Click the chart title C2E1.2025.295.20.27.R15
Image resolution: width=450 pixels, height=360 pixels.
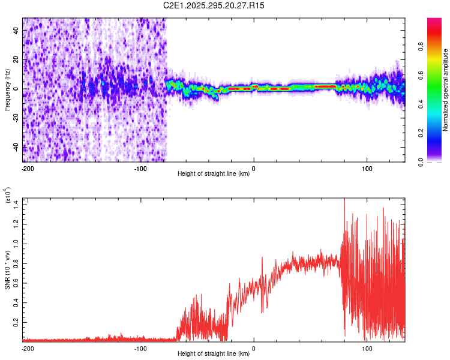pos(214,5)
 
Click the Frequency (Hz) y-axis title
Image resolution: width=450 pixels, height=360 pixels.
pos(7,89)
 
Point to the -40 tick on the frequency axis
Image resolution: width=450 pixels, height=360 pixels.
pos(16,148)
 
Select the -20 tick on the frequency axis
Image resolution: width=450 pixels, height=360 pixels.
pos(16,118)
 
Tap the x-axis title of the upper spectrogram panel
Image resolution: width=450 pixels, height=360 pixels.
pos(214,174)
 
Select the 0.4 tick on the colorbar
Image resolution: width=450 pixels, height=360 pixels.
pos(439,104)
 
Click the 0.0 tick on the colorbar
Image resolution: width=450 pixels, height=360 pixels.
pos(439,161)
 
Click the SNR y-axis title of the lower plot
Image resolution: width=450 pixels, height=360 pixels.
pos(7,268)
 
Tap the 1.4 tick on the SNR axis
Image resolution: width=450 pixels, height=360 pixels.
pos(16,205)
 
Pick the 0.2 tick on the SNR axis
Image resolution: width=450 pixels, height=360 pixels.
pos(16,322)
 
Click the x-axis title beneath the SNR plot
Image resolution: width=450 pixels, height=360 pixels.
pos(214,354)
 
